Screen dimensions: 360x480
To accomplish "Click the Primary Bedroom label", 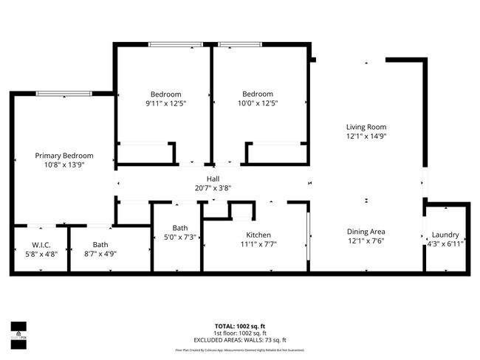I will [x=65, y=156].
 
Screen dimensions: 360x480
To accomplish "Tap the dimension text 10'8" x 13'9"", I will [x=65, y=166].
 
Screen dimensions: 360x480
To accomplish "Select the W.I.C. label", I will [x=41, y=245].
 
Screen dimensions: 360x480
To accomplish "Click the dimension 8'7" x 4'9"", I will [x=100, y=254].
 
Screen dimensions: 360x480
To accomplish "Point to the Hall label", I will [x=213, y=179].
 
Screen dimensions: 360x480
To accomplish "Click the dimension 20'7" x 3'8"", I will [x=213, y=188].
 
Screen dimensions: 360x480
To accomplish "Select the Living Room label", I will [x=366, y=127].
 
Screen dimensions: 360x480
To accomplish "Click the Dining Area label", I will [x=366, y=231].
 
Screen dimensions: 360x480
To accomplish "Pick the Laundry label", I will [x=447, y=235].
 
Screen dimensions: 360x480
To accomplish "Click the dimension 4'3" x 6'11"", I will [x=447, y=244].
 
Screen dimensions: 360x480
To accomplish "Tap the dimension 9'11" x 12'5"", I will [x=165, y=104].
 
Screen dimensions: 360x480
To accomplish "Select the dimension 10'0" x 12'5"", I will [x=258, y=104].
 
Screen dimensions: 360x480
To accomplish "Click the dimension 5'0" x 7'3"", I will [x=180, y=238].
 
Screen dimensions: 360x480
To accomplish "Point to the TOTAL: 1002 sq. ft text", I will [x=240, y=325].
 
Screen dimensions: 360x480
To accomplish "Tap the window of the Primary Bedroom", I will [x=64, y=94].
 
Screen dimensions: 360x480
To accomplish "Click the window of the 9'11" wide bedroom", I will [x=176, y=44].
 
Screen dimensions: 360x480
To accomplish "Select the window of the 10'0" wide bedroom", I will [x=239, y=44].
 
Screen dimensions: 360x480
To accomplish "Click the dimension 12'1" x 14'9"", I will [x=366, y=136].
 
